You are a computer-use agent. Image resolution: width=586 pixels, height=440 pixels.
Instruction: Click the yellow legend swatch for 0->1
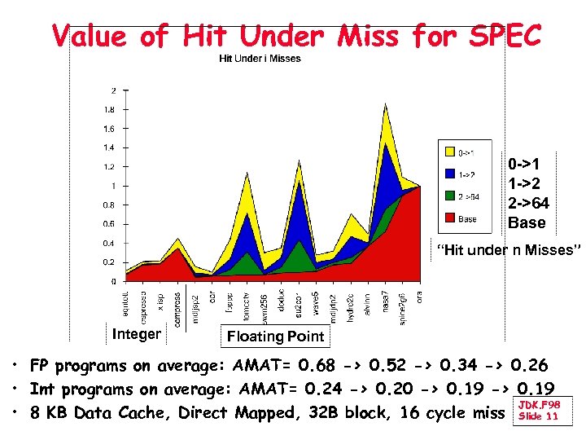coord(448,152)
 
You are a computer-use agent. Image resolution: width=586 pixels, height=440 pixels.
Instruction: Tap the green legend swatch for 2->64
coord(448,196)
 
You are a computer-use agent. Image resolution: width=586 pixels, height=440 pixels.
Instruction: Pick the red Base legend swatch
coord(448,218)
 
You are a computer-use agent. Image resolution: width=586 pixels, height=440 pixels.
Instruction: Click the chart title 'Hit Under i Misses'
coord(260,58)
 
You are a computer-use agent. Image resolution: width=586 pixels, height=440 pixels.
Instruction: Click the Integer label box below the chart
coord(137,333)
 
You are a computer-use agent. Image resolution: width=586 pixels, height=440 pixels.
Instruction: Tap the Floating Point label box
coord(275,336)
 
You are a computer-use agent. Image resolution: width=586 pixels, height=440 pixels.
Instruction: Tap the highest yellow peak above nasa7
coord(384,105)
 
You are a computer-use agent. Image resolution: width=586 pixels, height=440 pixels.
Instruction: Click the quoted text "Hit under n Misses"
coord(509,250)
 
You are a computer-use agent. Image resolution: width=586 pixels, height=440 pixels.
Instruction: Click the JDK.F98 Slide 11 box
coord(537,410)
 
